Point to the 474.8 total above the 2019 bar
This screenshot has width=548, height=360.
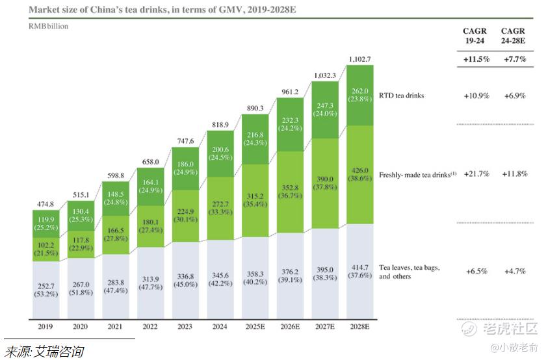[46, 203]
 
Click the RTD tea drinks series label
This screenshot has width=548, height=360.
[401, 96]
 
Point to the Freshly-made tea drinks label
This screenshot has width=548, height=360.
[417, 174]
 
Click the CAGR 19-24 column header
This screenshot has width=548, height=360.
[475, 35]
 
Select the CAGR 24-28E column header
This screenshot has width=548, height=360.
[513, 35]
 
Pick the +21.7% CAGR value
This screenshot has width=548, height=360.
[475, 174]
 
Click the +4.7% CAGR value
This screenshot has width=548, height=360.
[514, 270]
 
